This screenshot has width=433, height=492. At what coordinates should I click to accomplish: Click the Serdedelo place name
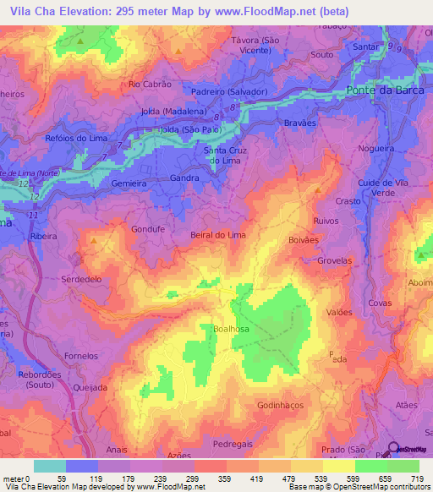pos(80,278)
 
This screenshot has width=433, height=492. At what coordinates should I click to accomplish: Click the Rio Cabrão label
pos(150,85)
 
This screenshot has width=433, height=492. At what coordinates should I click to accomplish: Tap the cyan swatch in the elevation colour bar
pos(49,466)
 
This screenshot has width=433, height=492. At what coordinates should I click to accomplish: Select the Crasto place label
pos(347,200)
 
